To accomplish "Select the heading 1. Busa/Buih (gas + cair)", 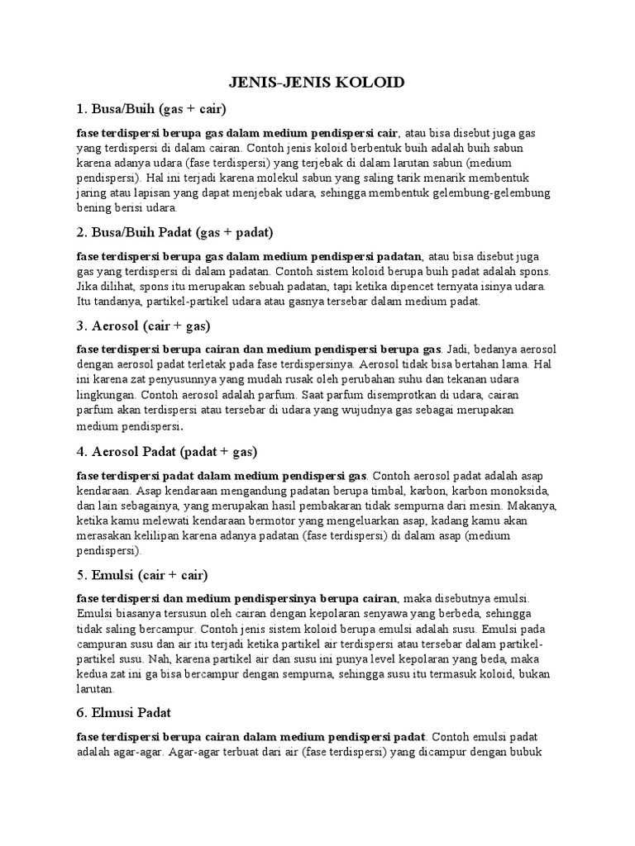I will [x=151, y=109].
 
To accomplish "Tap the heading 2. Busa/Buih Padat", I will [x=174, y=231].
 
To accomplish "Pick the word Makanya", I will [x=533, y=506].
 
